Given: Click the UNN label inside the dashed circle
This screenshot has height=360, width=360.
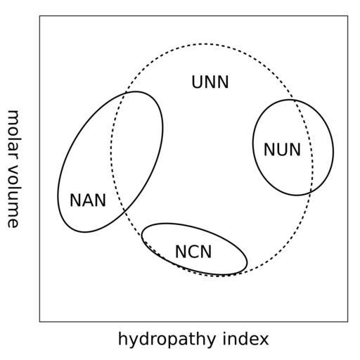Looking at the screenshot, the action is tap(210, 82).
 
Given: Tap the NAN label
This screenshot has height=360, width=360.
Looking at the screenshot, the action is tap(88, 200).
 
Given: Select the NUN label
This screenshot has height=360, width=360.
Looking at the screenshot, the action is tap(282, 150).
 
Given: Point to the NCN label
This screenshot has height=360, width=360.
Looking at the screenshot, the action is tap(193, 252).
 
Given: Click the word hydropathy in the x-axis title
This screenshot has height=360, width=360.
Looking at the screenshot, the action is tap(167, 339).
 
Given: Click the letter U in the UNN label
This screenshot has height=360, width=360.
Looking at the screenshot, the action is tap(198, 82).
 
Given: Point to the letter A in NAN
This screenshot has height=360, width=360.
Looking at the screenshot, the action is tap(88, 200).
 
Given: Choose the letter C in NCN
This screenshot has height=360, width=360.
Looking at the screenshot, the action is tap(193, 252).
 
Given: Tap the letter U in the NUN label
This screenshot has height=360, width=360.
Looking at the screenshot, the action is tap(283, 150).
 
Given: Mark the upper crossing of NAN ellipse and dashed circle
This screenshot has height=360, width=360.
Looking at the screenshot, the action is tap(126, 93).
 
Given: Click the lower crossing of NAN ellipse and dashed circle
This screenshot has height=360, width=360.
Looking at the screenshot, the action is tap(124, 210).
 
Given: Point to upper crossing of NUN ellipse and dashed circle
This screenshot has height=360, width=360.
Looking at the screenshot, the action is tap(293, 100).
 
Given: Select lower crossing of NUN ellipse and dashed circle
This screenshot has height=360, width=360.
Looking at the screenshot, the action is tap(310, 192).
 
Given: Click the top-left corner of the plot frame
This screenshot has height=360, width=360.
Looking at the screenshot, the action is tap(39, 16).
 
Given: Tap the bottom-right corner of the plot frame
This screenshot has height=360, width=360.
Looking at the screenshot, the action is tap(347, 321).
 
